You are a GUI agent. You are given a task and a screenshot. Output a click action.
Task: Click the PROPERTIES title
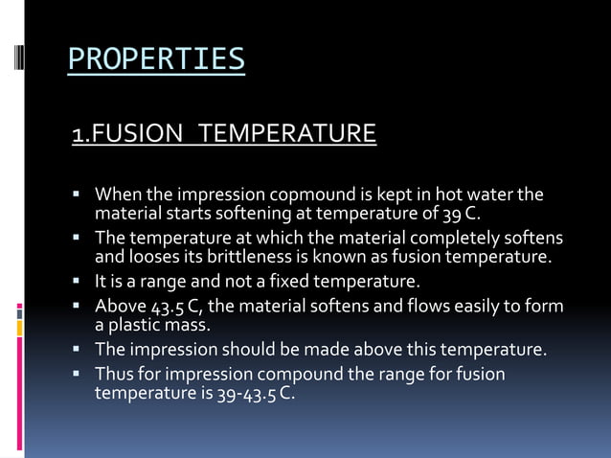point(156,59)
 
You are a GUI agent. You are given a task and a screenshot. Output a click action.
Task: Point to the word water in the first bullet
point(478,195)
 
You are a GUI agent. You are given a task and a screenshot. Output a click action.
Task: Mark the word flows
point(407,307)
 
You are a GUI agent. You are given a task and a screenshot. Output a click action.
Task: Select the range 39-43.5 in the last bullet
point(253,392)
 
